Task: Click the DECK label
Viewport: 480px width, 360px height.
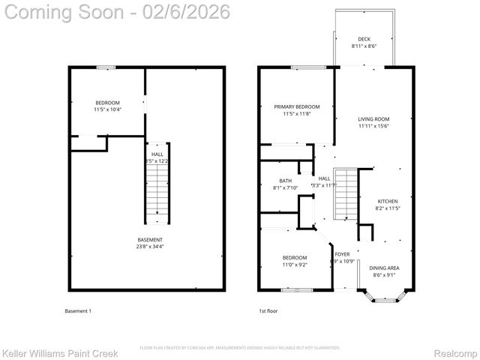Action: tap(364, 39)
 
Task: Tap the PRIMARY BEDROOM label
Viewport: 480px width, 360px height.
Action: tap(296, 106)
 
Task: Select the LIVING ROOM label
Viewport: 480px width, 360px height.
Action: tap(373, 118)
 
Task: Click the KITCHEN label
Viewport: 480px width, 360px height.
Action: tap(387, 201)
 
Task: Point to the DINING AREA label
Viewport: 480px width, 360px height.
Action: tap(384, 268)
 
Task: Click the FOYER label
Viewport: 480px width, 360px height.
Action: tap(342, 254)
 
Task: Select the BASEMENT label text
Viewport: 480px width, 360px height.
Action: tap(149, 240)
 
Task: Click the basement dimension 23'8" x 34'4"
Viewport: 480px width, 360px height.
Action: tap(149, 247)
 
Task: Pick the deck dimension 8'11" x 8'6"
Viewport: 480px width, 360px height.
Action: tap(364, 46)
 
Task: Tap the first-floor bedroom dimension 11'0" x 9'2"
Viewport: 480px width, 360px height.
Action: tap(294, 264)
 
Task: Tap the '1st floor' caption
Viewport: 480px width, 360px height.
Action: tap(267, 310)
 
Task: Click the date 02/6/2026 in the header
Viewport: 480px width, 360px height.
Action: tap(189, 12)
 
